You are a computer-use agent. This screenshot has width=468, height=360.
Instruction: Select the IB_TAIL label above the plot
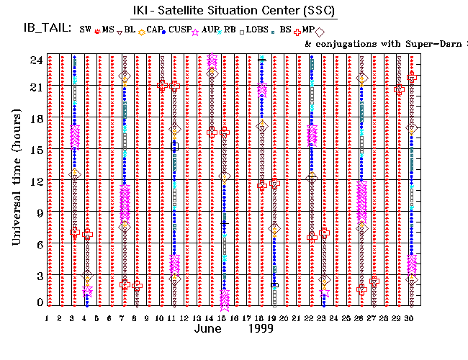coord(45,29)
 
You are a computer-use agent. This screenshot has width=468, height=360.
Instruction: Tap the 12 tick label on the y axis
coord(35,180)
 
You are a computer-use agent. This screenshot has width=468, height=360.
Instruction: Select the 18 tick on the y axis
coord(35,119)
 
